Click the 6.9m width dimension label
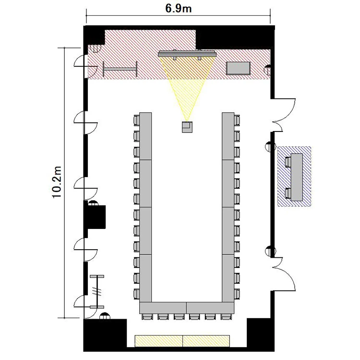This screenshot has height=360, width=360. pyautogui.click(x=179, y=9)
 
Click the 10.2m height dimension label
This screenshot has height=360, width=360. pyautogui.click(x=57, y=182)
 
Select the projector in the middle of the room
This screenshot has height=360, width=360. pyautogui.click(x=187, y=127)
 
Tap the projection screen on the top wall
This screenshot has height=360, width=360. pyautogui.click(x=187, y=54)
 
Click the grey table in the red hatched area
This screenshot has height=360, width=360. pyautogui.click(x=238, y=68)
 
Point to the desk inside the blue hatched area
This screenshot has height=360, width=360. pyautogui.click(x=297, y=177)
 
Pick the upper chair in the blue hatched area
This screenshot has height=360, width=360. pyautogui.click(x=288, y=162)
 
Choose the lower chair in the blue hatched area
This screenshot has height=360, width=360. pyautogui.click(x=288, y=193)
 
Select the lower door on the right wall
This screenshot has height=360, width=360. pyautogui.click(x=284, y=275)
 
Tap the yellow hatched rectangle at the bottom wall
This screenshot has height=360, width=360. pyautogui.click(x=182, y=341)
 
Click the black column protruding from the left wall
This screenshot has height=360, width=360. pyautogui.click(x=95, y=217)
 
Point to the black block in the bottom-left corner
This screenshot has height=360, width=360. pyautogui.click(x=105, y=335)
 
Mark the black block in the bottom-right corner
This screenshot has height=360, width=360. pyautogui.click(x=261, y=335)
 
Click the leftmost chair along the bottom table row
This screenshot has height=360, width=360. pyautogui.click(x=147, y=317)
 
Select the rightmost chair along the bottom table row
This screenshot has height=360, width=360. pyautogui.click(x=226, y=317)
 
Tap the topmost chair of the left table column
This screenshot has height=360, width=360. pyautogui.click(x=136, y=120)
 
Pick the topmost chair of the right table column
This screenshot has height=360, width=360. pyautogui.click(x=237, y=120)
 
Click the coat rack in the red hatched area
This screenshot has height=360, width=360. pyautogui.click(x=120, y=69)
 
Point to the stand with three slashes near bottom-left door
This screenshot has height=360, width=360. pyautogui.click(x=97, y=291)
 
